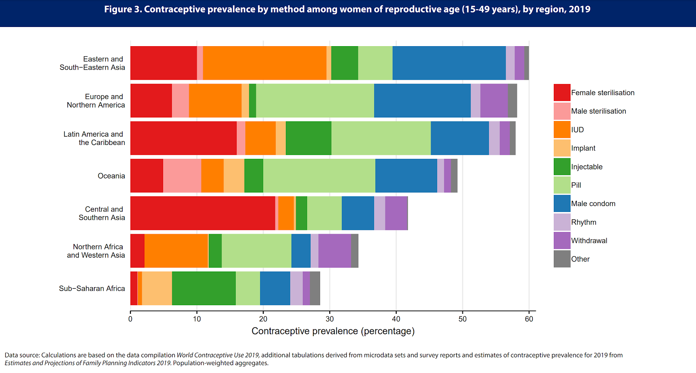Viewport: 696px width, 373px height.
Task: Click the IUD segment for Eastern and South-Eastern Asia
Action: (x=264, y=63)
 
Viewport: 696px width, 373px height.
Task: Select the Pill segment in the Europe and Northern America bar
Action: (x=315, y=101)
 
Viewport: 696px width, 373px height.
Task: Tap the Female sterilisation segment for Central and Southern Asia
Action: (x=203, y=213)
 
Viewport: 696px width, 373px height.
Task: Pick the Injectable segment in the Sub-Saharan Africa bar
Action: (x=204, y=288)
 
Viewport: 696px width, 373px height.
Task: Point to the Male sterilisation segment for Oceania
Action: (x=182, y=176)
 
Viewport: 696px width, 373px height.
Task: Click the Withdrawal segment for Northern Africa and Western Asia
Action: (x=335, y=251)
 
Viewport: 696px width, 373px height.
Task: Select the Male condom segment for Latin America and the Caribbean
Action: (x=460, y=138)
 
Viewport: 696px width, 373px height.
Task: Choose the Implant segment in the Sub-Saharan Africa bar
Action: (x=157, y=288)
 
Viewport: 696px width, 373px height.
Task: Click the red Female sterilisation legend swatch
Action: (x=562, y=93)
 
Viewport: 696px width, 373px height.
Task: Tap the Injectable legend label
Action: (x=587, y=167)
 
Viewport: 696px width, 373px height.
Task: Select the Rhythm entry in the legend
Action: (x=583, y=222)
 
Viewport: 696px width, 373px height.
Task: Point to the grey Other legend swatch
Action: (x=562, y=259)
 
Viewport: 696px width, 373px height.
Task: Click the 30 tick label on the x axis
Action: (x=330, y=319)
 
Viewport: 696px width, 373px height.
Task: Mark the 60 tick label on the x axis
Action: (x=529, y=319)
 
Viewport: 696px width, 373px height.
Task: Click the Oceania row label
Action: (x=111, y=176)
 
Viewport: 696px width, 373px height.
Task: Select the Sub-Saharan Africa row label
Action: (x=92, y=289)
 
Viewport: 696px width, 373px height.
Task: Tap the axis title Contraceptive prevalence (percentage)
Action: (x=333, y=331)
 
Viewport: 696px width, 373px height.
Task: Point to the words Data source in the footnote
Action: (x=22, y=355)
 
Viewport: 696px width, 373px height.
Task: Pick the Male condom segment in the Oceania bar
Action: (x=406, y=176)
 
